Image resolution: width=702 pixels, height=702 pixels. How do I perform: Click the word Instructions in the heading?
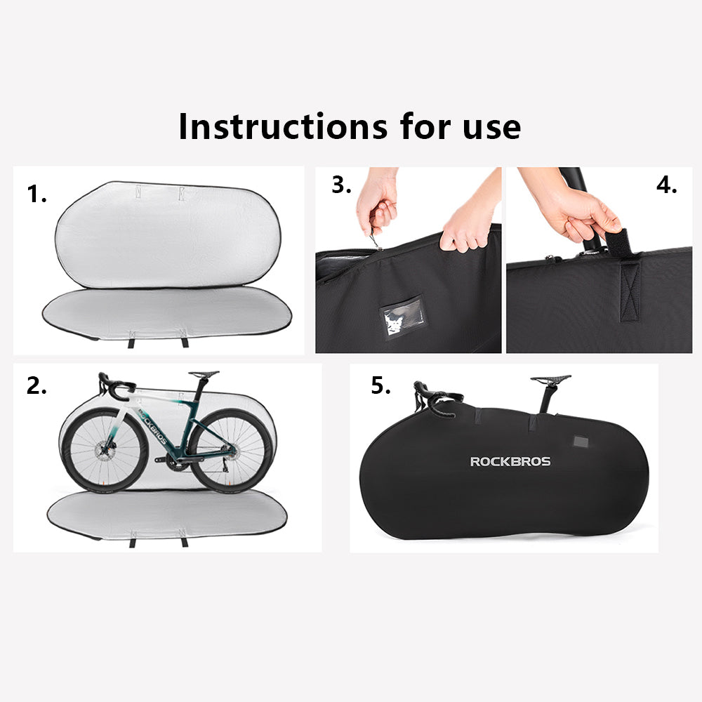point(283,126)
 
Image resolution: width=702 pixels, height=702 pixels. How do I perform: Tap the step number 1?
point(37,194)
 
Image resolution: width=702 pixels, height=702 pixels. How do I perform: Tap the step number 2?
point(37,386)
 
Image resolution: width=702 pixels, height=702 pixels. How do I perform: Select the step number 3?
point(341,185)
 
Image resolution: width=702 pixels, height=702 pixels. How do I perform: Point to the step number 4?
point(667,185)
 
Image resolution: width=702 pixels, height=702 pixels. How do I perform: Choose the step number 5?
point(380,385)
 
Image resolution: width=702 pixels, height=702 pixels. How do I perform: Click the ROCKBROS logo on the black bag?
point(510,462)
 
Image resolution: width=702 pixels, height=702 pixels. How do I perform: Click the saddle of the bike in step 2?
point(204,374)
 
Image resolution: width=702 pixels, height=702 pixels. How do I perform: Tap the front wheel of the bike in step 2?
point(103,449)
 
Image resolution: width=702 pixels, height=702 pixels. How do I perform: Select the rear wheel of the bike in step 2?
point(231,450)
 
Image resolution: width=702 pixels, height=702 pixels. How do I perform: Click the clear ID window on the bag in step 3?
point(402,316)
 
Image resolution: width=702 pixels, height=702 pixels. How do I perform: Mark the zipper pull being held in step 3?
point(376,239)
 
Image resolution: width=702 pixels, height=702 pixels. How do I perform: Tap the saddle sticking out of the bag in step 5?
point(550,379)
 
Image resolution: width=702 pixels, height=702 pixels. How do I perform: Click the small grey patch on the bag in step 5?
point(581,442)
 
